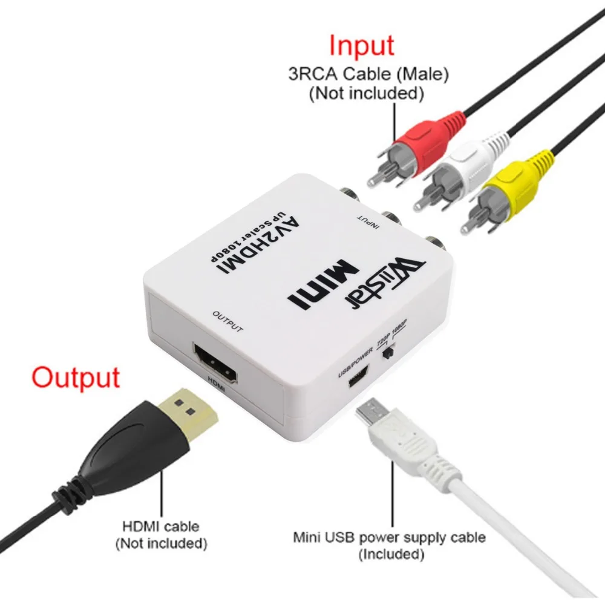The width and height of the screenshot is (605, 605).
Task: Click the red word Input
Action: coord(361,45)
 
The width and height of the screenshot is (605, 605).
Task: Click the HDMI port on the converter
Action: coord(217,364)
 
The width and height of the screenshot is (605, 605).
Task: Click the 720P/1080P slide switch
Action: coord(390,352)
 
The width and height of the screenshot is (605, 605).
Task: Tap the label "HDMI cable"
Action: coord(160,527)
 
